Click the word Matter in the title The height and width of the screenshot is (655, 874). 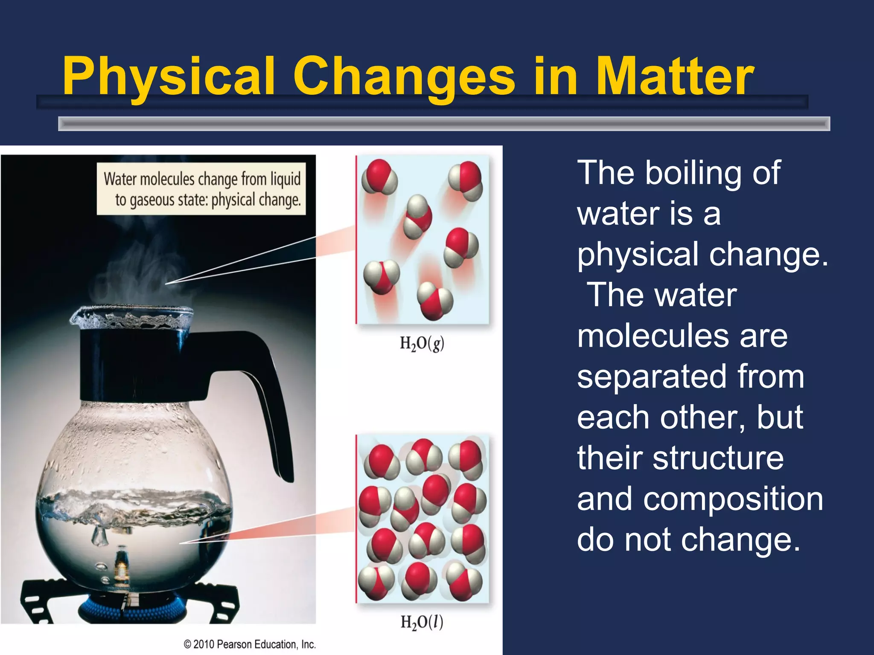pos(674,77)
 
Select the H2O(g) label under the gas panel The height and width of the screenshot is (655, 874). pos(422,343)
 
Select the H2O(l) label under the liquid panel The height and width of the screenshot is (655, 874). pos(422,622)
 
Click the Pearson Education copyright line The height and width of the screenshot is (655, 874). pos(250,644)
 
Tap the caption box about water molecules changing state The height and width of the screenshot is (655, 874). pos(201,188)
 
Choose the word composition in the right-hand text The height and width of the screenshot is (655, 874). pos(733,499)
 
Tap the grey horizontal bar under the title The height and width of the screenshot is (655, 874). pos(444,124)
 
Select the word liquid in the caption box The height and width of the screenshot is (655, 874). pos(285,178)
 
